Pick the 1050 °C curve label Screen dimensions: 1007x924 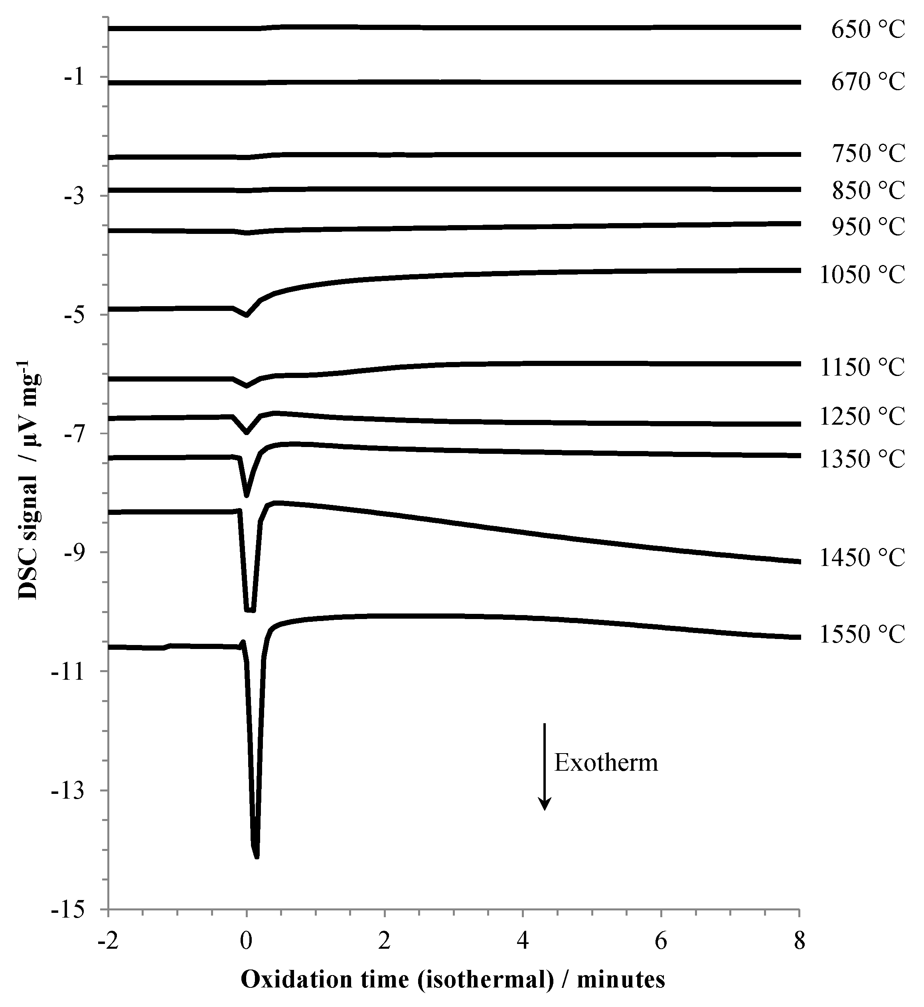[862, 275]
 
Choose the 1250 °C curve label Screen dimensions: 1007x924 [862, 417]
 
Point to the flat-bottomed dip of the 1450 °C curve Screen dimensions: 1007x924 [250, 610]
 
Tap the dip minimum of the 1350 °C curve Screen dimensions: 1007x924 [247, 495]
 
